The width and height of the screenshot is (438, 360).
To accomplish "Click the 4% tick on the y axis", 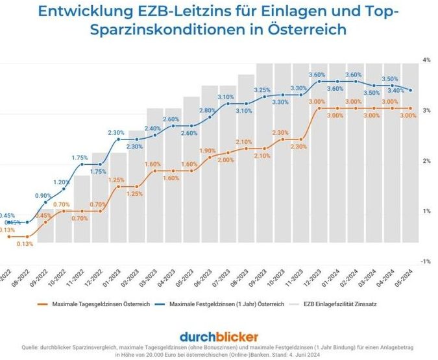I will pyautogui.click(x=427, y=60).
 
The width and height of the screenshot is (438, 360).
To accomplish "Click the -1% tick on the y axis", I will pyautogui.click(x=426, y=261).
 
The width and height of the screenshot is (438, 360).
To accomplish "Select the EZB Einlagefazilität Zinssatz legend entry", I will pyautogui.click(x=341, y=303).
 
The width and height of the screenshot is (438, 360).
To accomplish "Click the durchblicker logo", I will pyautogui.click(x=219, y=336).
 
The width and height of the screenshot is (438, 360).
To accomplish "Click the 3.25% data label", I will pyautogui.click(x=262, y=90).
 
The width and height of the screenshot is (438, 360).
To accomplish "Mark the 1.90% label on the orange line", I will pyautogui.click(x=208, y=150).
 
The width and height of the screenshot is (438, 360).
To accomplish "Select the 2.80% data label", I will pyautogui.click(x=207, y=110).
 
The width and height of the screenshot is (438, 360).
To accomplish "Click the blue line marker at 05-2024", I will pyautogui.click(x=411, y=90).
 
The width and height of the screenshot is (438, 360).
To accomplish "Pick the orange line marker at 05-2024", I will pyautogui.click(x=411, y=108).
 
